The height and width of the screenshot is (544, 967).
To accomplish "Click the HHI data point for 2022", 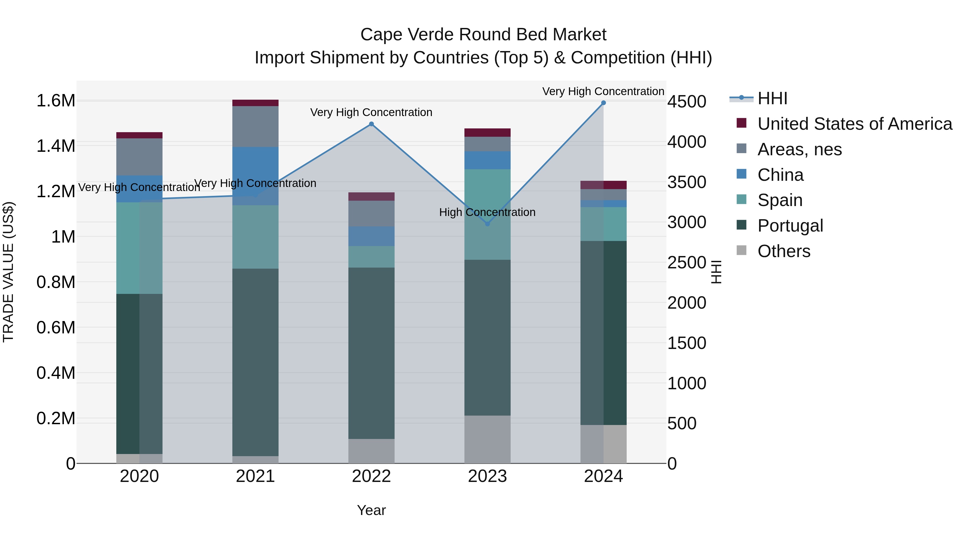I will point(371,124).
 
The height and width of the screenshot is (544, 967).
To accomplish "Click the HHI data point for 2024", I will point(603,103).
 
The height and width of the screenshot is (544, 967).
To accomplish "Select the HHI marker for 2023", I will point(487,224).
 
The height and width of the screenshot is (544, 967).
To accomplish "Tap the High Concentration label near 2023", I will point(487,212).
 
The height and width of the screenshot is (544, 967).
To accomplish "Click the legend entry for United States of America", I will point(854,124).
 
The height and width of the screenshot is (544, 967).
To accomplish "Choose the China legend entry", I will point(780,175).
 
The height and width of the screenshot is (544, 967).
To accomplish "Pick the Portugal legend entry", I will point(790,226).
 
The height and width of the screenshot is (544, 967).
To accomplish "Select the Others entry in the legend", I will point(784,251).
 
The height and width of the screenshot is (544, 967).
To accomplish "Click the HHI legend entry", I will point(772,98).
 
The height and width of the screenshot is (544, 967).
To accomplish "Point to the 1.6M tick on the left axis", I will point(56,101).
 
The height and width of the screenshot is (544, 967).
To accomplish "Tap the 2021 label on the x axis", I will point(255,476).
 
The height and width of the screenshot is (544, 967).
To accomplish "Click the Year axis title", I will point(371,510).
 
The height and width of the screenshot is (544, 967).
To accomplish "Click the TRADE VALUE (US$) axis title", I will point(9,272).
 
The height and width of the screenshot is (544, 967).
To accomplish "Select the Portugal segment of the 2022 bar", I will point(371,353).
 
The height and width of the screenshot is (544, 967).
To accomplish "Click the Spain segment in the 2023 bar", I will point(487,214).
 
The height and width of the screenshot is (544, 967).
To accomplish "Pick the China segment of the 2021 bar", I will point(255,176).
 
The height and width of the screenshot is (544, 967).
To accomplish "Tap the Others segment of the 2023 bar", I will point(487,439).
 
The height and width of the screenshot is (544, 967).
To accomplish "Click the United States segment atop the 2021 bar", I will point(255,103).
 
